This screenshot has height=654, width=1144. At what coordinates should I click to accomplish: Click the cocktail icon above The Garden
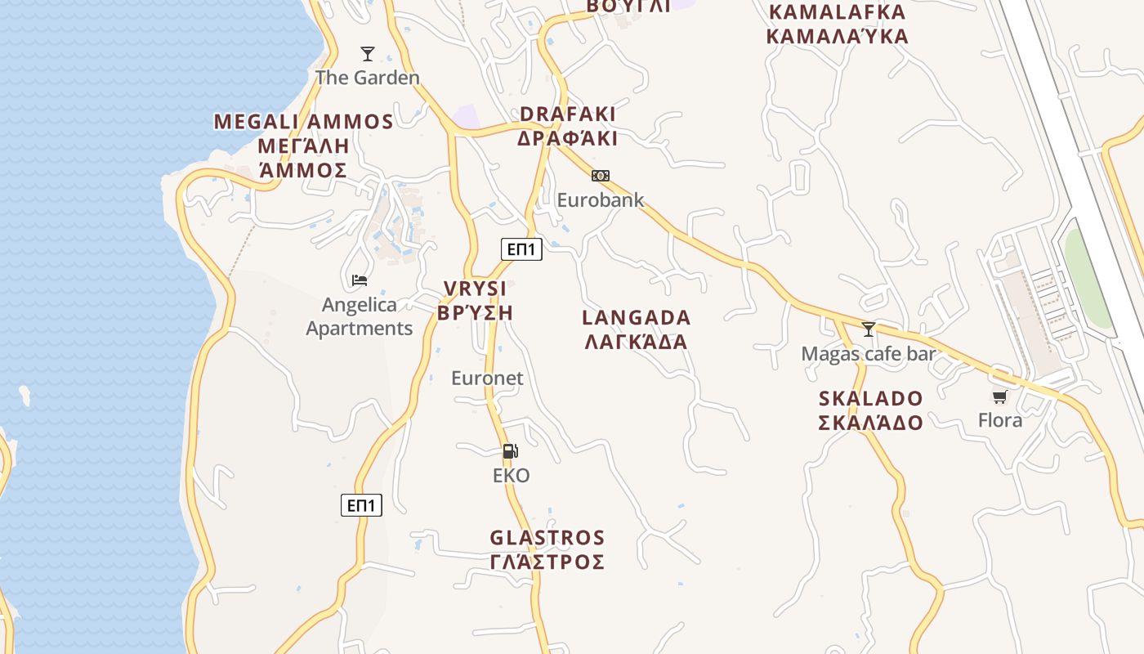pos(368,54)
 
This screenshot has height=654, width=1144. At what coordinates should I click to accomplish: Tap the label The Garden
pos(368,78)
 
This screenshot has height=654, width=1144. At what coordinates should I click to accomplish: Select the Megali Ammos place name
pos(303,146)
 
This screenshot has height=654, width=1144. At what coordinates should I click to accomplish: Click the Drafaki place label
pos(568,126)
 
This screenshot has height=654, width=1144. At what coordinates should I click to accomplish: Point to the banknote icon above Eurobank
pos(601,176)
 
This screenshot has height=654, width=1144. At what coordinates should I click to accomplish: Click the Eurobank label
pos(601,200)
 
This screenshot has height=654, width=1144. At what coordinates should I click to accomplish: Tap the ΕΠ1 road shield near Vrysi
pos(521,249)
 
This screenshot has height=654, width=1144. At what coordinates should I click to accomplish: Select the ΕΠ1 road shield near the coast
pos(361,505)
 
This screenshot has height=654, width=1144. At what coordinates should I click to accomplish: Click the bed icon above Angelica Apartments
pos(360,280)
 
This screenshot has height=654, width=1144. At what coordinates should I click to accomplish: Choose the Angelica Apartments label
pos(360,316)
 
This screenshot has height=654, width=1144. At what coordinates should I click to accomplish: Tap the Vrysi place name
pos(475,300)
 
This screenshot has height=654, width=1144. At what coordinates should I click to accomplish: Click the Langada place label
pos(637,329)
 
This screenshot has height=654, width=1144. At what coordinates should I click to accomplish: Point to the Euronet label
pos(487,379)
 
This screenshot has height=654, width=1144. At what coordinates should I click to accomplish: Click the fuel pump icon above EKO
pos(511,450)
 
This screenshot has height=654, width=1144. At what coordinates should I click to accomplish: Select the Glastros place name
pos(547,550)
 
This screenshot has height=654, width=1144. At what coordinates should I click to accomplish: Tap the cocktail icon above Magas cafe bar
pos(869,329)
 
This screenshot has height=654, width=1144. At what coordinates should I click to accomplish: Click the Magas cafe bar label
pos(869,354)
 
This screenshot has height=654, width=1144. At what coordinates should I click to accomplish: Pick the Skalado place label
pos(871,410)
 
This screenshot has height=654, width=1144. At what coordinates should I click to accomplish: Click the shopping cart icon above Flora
pos(1000,397)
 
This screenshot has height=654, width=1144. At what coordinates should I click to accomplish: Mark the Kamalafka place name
pos(838,25)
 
